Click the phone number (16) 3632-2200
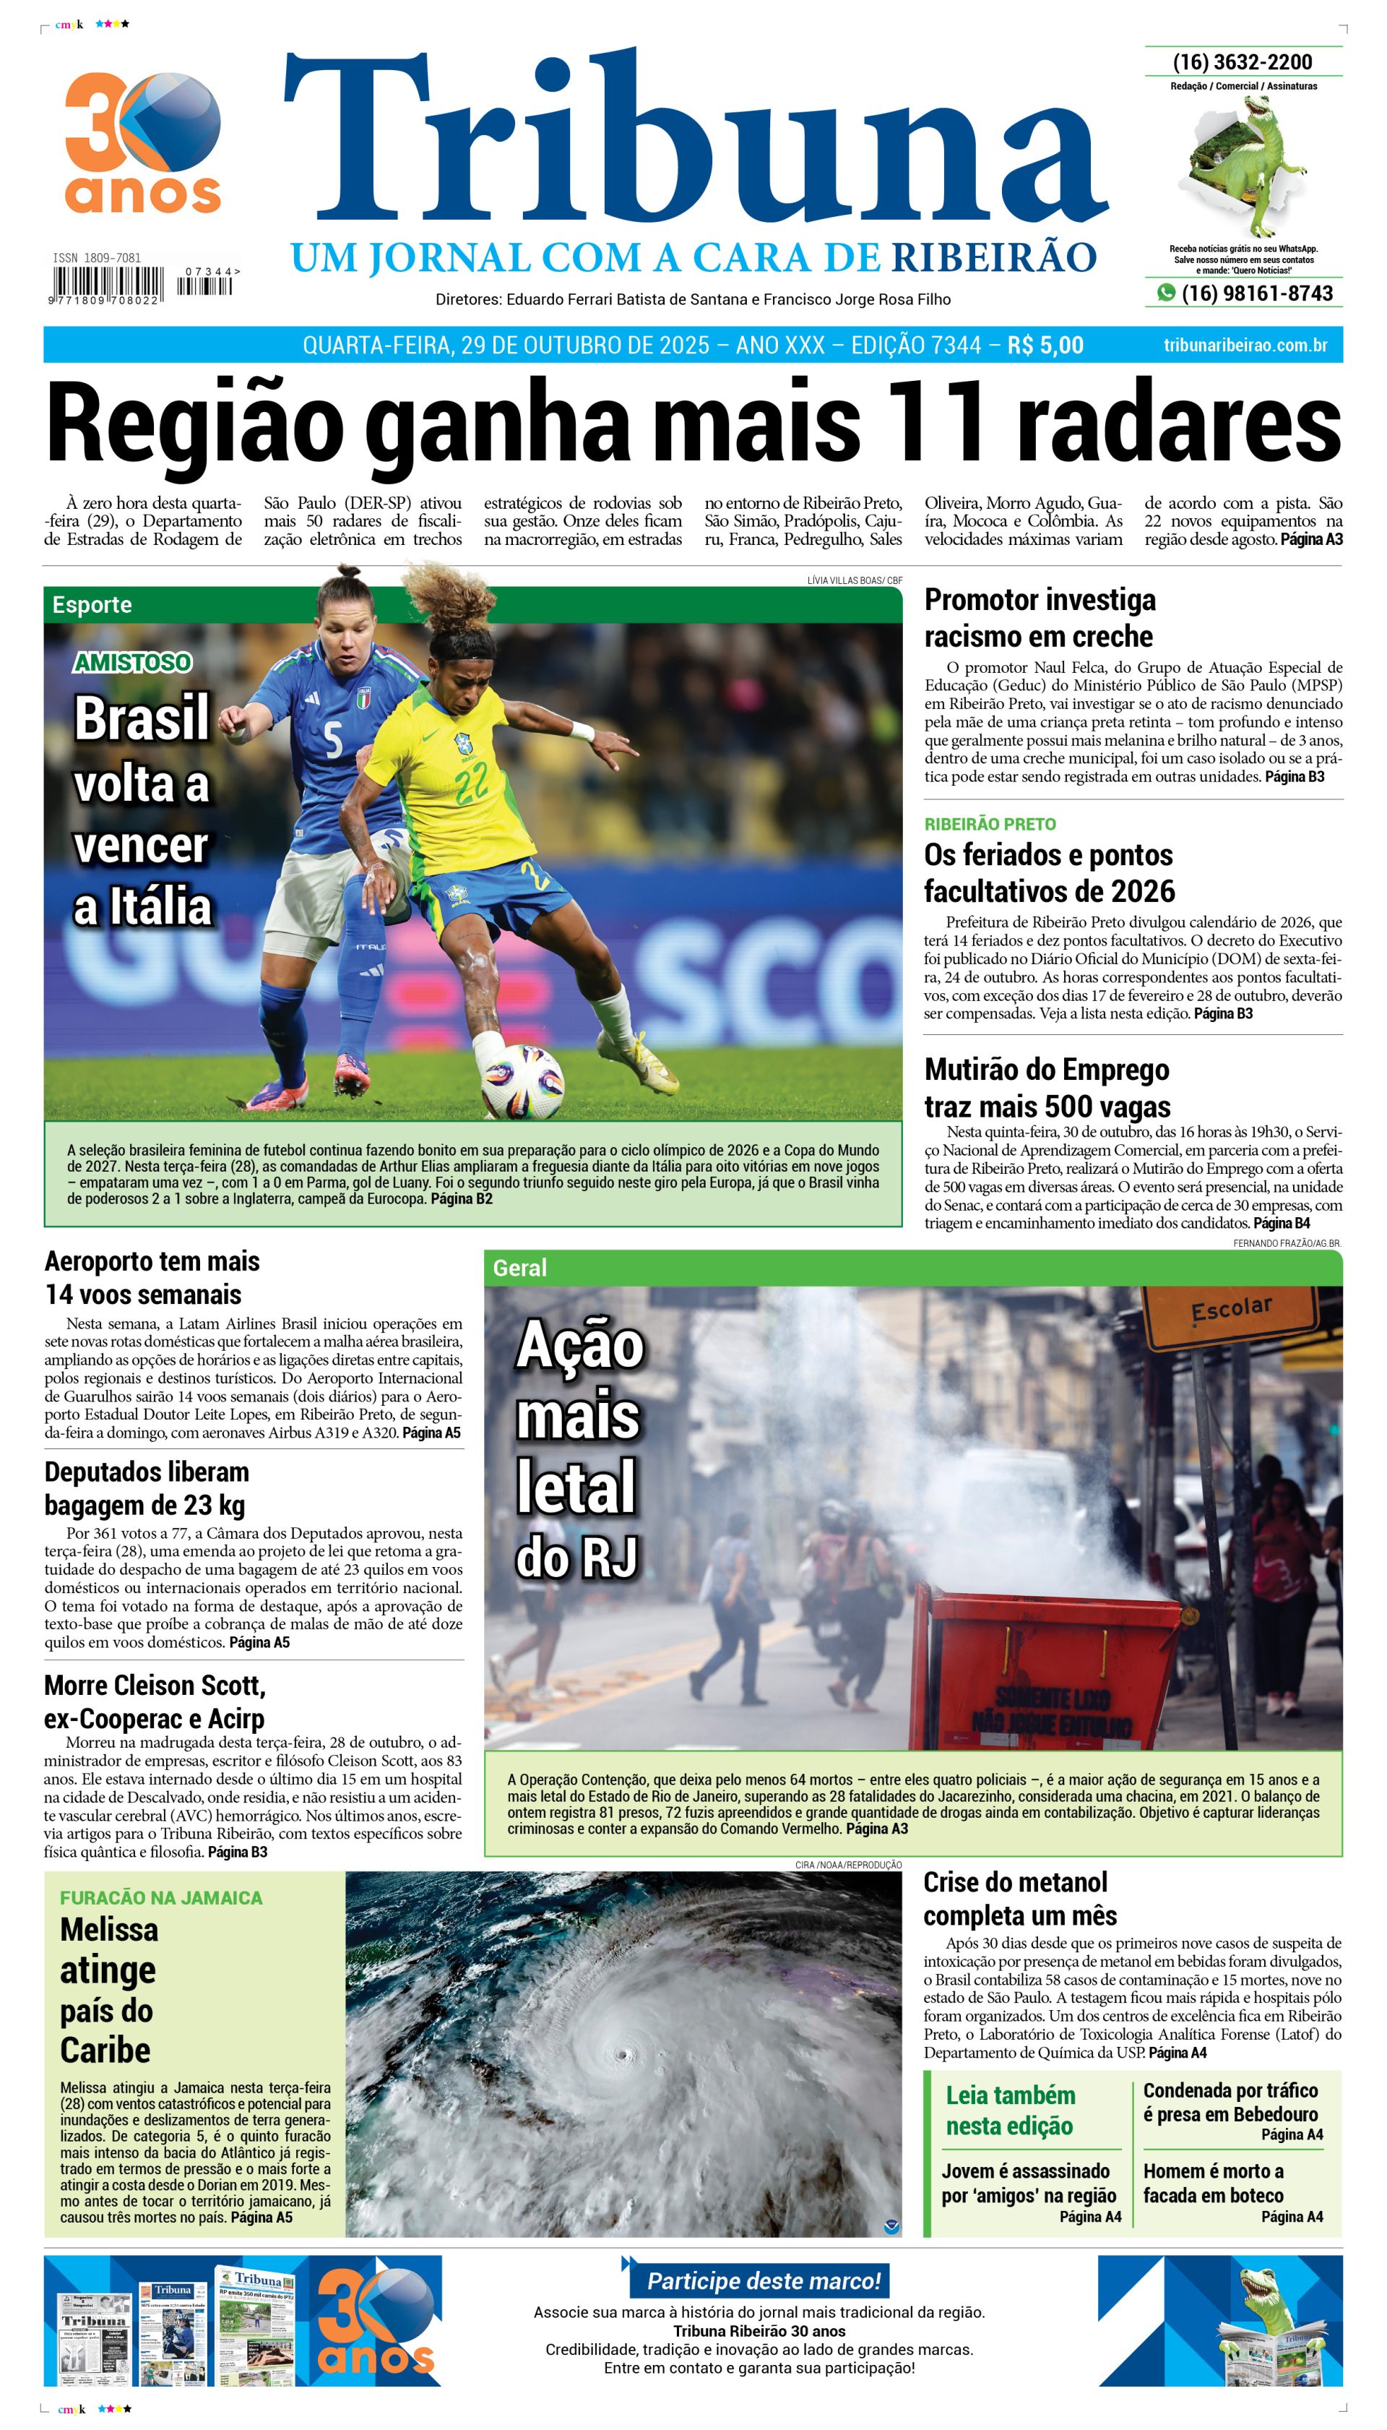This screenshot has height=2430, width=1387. (1243, 62)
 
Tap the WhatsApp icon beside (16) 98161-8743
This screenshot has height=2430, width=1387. (1165, 293)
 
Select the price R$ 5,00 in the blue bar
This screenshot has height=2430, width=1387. (1045, 345)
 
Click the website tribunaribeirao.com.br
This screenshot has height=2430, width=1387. (1245, 345)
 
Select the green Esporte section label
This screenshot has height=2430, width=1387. (92, 604)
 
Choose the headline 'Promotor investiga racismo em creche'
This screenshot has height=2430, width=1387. (1040, 617)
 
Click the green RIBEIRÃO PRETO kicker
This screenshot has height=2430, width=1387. (990, 823)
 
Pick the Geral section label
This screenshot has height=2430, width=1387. (519, 1268)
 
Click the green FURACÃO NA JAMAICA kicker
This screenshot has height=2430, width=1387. (161, 1897)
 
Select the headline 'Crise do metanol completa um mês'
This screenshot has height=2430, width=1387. (1019, 1898)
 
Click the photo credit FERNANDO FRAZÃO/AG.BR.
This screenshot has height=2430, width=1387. (1286, 1242)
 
